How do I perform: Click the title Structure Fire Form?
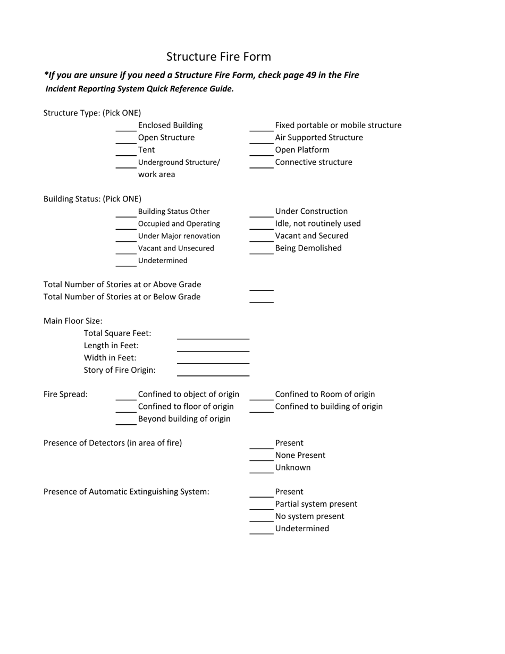coord(218,57)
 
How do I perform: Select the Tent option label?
coord(146,150)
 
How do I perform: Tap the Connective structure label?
coord(313,162)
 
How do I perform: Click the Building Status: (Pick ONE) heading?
coord(92,199)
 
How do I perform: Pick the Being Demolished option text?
coord(308,248)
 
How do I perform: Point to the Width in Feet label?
coord(110,358)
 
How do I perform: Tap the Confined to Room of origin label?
coord(325,395)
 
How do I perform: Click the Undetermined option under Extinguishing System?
coord(302,529)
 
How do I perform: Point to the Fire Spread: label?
coord(65,395)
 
